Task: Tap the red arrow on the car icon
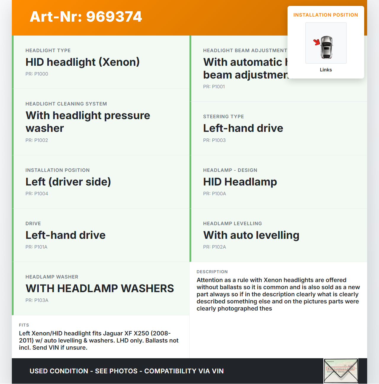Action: (317, 42)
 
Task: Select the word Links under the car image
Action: (326, 70)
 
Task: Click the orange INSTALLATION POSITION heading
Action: (325, 15)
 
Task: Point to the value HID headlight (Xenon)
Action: (82, 62)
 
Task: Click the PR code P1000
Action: (37, 74)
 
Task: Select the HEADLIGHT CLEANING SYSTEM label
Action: (66, 104)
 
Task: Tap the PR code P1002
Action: (37, 140)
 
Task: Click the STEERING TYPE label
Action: (223, 117)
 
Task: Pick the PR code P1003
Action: (214, 140)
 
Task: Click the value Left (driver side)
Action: (68, 182)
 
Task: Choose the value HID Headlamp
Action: (240, 182)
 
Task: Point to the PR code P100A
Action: (214, 194)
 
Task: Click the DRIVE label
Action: (33, 224)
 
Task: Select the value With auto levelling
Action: (251, 235)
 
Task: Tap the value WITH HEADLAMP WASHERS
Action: (100, 289)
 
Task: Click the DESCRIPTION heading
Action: (212, 272)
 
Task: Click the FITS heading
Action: (24, 325)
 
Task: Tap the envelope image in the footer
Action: (341, 371)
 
